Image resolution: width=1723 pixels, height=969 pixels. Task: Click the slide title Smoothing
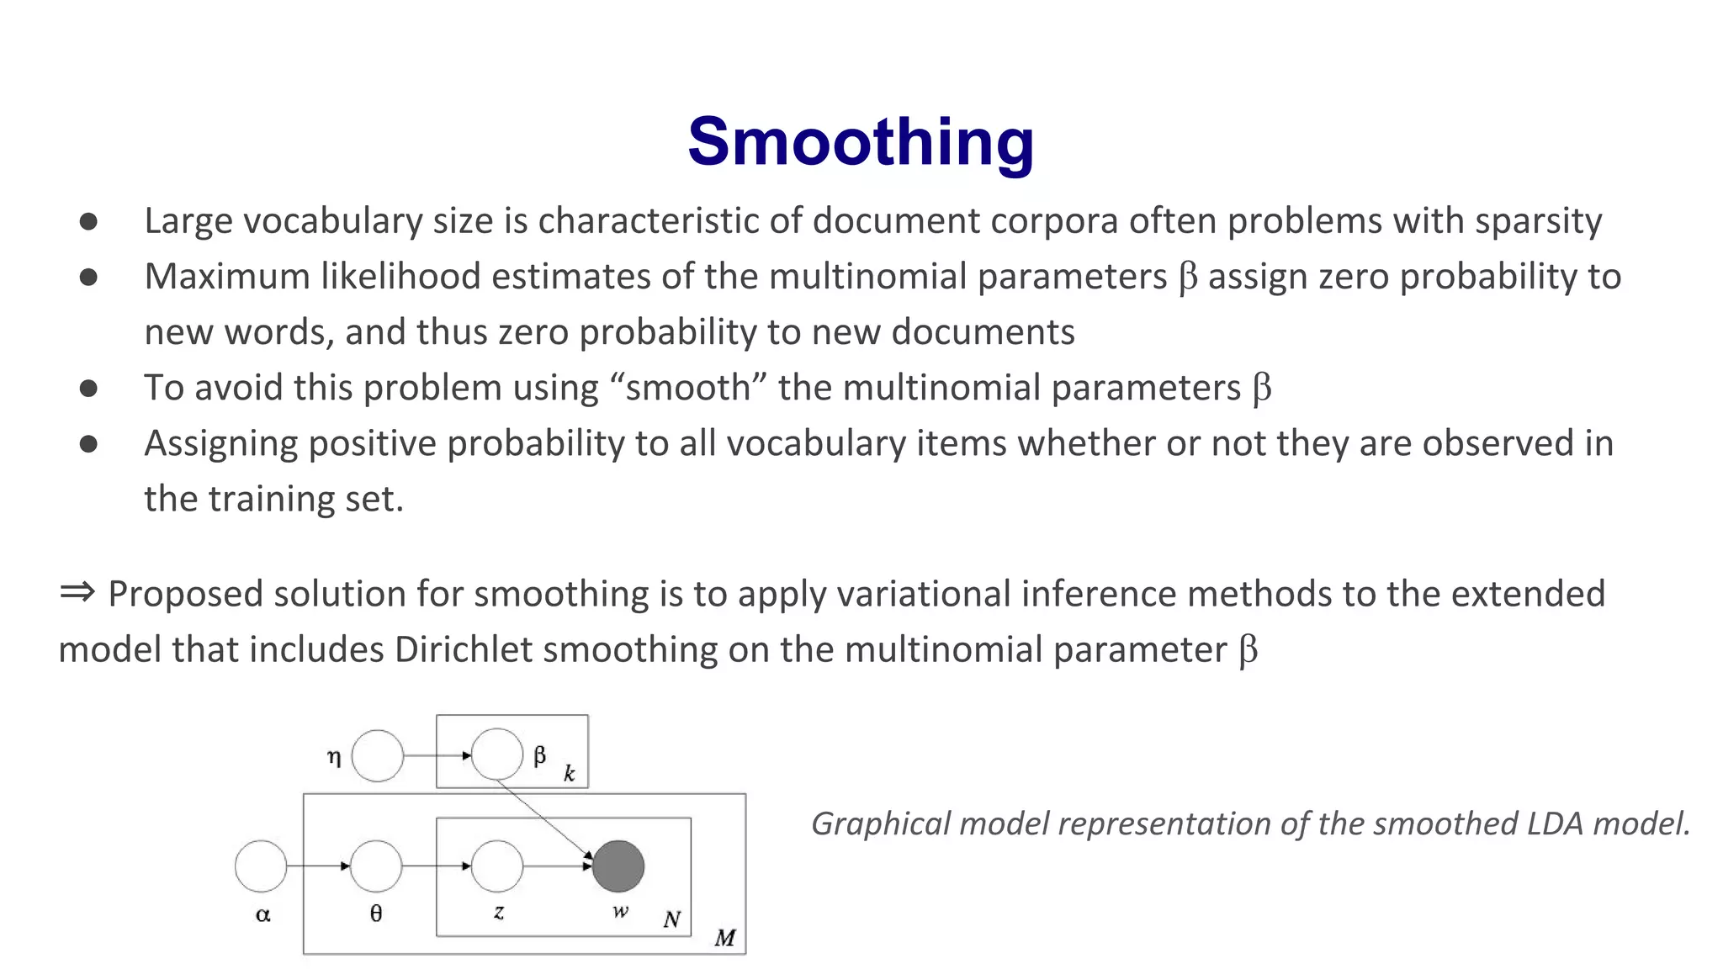[861, 141]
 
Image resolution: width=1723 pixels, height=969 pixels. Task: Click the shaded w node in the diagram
[618, 866]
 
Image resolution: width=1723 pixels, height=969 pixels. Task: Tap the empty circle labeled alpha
[261, 866]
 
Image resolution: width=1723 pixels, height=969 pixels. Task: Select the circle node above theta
[376, 866]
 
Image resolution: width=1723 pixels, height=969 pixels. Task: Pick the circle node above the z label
[497, 866]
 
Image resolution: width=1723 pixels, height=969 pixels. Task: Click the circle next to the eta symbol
[378, 755]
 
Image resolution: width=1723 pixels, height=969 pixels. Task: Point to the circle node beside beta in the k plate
[497, 754]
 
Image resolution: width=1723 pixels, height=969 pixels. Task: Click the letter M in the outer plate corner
[725, 937]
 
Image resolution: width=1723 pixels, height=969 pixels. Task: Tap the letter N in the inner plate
[671, 919]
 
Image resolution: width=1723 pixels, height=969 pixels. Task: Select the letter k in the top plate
[570, 774]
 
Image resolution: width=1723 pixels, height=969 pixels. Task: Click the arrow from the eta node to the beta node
[437, 755]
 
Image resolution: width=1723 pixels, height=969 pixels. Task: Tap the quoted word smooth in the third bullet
[687, 388]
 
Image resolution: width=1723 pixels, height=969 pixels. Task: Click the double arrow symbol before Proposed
[77, 592]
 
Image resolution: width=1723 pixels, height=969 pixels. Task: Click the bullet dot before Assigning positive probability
[88, 443]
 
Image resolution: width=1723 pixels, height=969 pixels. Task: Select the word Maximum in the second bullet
[227, 277]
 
